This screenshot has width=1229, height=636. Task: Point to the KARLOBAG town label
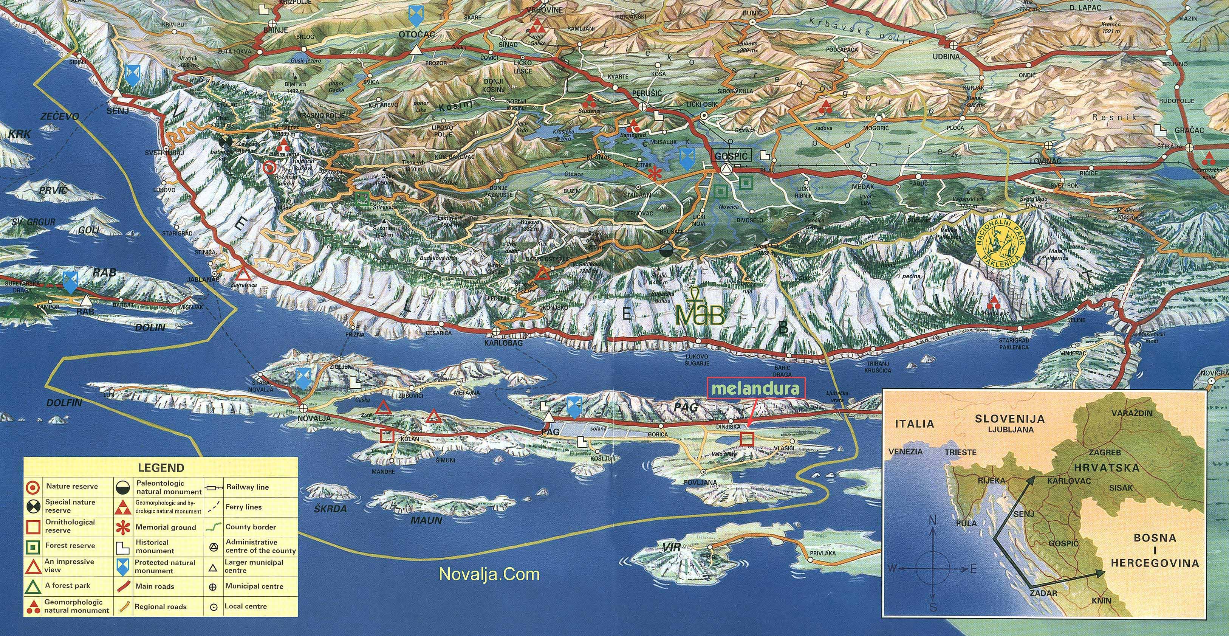503,343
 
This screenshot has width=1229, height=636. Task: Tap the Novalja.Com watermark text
489,574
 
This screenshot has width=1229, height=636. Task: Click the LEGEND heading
161,467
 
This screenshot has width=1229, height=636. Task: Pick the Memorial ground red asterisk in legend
123,527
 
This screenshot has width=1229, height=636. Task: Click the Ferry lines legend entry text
243,507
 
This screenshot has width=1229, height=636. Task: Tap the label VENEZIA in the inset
905,451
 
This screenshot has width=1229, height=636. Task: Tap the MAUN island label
426,520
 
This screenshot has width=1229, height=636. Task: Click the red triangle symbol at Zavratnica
244,274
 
